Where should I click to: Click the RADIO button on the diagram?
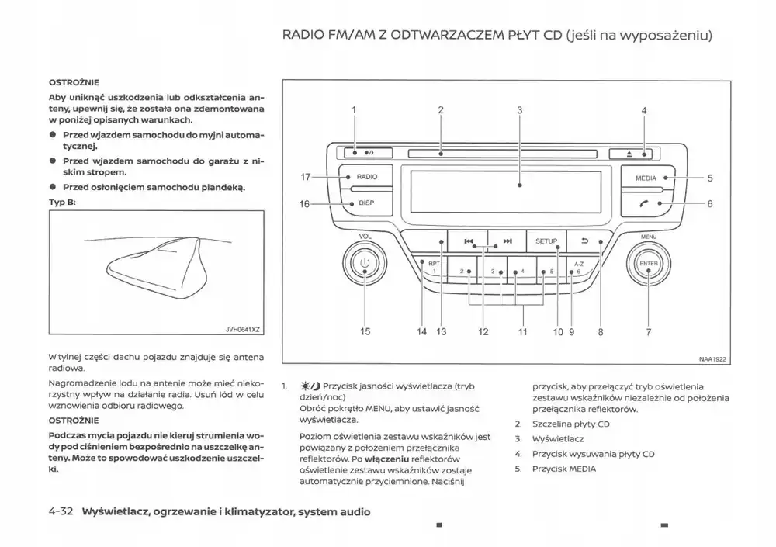(x=366, y=177)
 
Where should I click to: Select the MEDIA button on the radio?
(x=646, y=178)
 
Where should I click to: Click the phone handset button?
(x=646, y=204)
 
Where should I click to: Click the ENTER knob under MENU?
(x=648, y=265)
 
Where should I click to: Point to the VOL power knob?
(x=365, y=264)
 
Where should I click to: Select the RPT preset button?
(x=433, y=266)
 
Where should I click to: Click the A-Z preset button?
(x=579, y=267)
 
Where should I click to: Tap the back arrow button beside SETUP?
(x=585, y=241)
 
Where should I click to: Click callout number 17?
(x=305, y=177)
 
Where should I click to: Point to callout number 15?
(x=365, y=331)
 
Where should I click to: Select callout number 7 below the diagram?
(x=648, y=331)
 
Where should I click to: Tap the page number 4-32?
(x=60, y=511)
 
